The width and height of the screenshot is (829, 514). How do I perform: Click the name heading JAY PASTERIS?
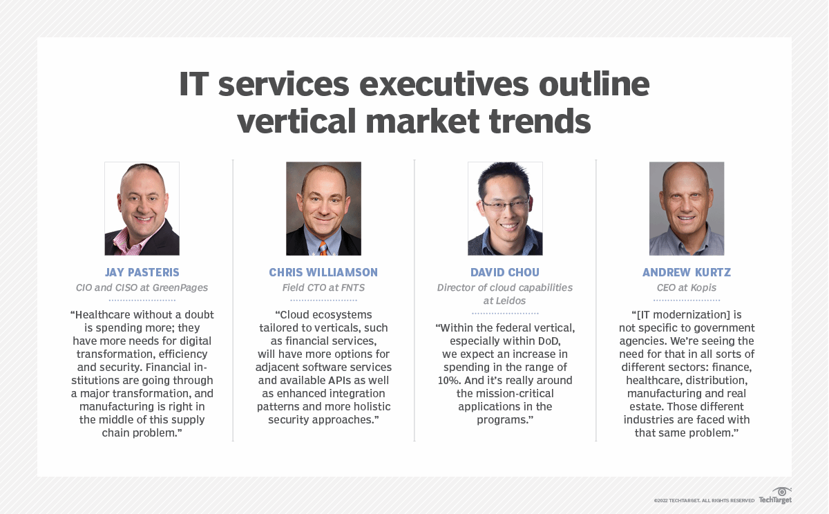(142, 272)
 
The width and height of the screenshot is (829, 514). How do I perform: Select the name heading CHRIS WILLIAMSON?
(323, 272)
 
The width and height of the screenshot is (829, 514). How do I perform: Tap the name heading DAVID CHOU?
(505, 272)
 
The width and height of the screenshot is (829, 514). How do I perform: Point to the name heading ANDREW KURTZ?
(687, 272)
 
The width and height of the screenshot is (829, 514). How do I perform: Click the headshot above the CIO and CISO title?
(142, 209)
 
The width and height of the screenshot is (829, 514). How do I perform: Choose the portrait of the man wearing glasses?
(505, 209)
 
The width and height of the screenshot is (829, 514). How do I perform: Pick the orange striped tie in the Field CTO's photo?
(323, 247)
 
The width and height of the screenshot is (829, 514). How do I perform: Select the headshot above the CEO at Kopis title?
(687, 209)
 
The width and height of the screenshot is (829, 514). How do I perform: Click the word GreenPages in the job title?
(181, 287)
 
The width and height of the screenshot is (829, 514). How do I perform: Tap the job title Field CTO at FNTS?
(323, 287)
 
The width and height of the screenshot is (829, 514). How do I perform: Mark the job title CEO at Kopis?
(687, 287)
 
